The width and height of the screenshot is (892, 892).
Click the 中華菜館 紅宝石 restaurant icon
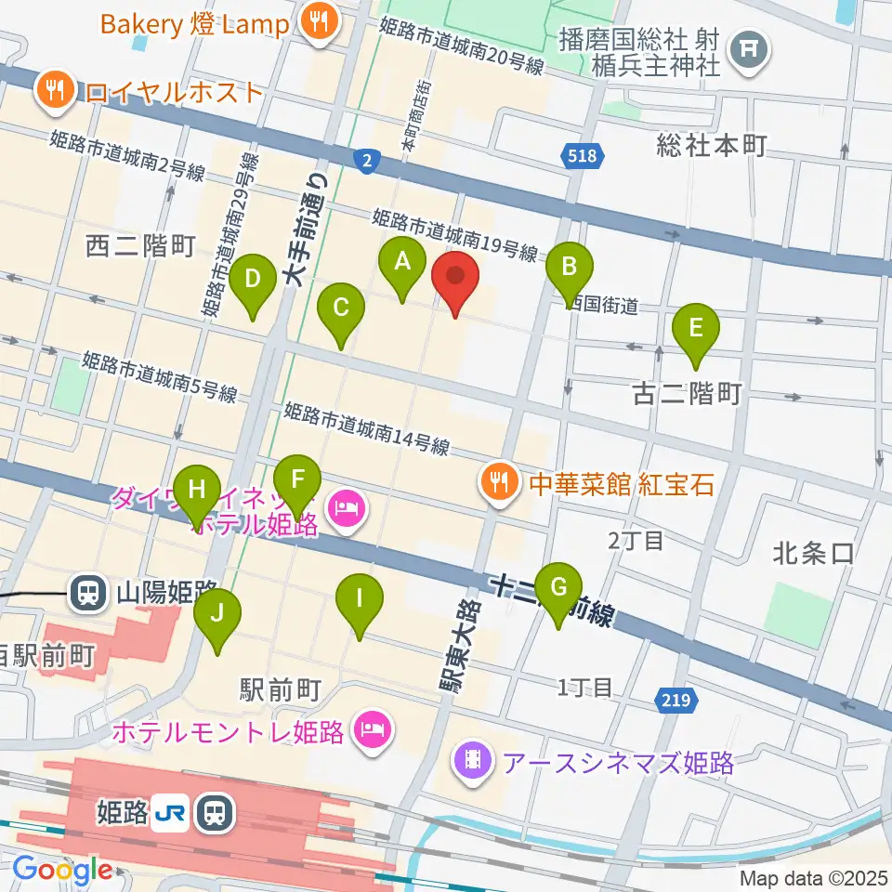pos(500,482)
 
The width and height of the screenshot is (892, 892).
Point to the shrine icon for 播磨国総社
pos(749,46)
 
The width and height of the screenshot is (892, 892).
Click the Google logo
pos(62,871)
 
